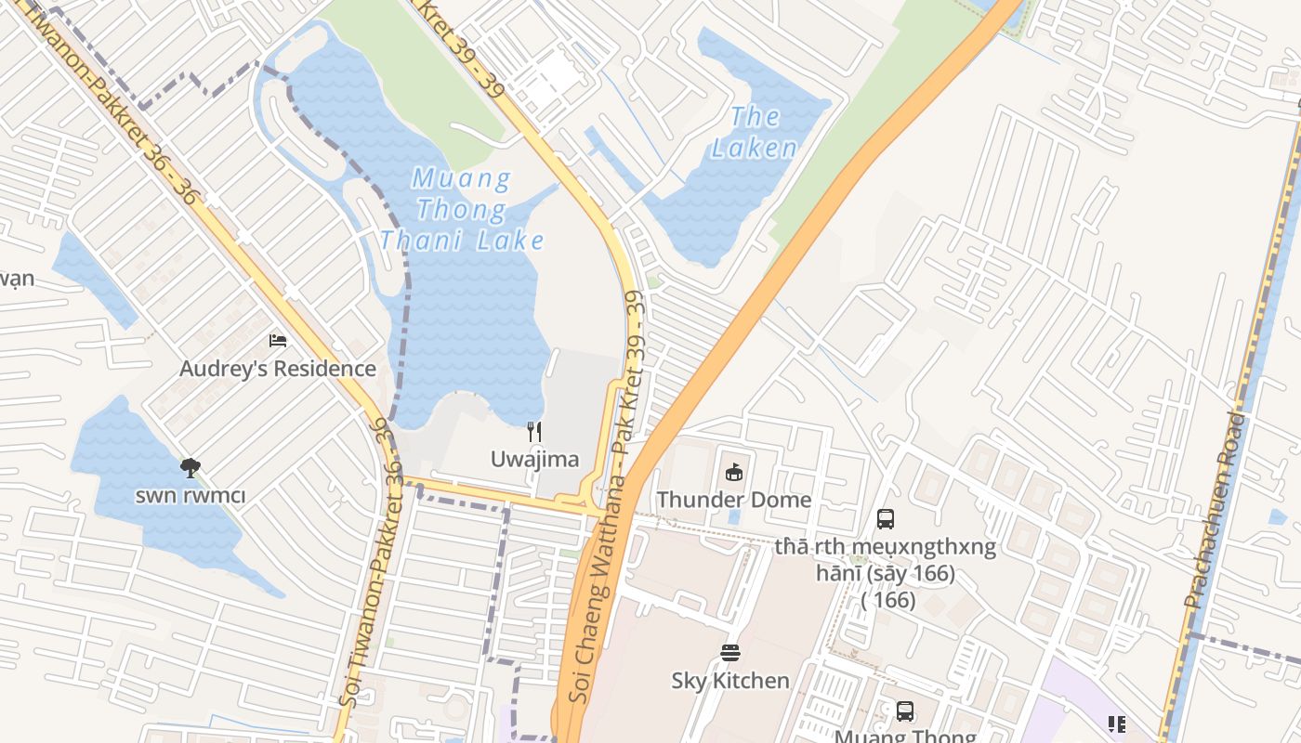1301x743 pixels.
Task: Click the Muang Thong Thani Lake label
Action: (x=461, y=209)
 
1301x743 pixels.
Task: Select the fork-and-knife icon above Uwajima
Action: (x=534, y=432)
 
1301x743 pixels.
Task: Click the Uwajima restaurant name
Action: (x=534, y=459)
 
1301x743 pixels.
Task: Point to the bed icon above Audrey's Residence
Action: (x=277, y=341)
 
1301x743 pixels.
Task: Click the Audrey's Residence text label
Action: (x=277, y=369)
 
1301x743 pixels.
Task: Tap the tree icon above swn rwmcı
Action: (x=191, y=467)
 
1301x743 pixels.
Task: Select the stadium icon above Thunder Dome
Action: (x=734, y=472)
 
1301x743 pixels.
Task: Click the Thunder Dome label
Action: (x=734, y=500)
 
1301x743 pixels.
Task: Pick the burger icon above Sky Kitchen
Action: (x=730, y=653)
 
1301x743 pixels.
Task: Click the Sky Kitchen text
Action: (x=730, y=681)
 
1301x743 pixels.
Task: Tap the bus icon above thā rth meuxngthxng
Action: (x=886, y=519)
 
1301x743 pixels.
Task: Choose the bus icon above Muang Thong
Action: (x=905, y=711)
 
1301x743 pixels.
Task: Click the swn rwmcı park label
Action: (x=191, y=495)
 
